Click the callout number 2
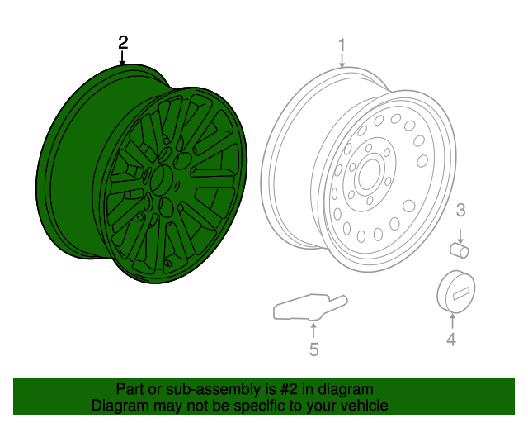pos(123,41)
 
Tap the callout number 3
pos(461,210)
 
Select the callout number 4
pos(451,339)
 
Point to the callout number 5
pos(313,349)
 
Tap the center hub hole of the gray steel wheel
pos(367,175)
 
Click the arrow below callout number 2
pos(123,58)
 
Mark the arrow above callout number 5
pos(313,330)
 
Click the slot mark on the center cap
pos(460,292)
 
